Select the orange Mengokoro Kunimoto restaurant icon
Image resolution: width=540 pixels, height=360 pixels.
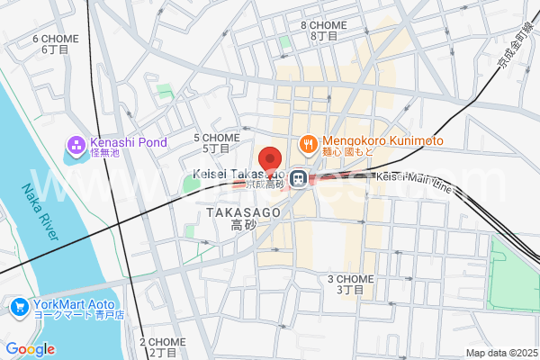pyautogui.click(x=308, y=142)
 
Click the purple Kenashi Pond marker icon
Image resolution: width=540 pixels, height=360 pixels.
pyautogui.click(x=76, y=143)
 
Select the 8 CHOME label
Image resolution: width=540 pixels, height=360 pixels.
pyautogui.click(x=323, y=25)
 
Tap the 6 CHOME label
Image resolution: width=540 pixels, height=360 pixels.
pyautogui.click(x=55, y=39)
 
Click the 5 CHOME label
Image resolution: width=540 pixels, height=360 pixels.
pyautogui.click(x=216, y=138)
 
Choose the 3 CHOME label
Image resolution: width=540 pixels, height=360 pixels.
pyautogui.click(x=350, y=279)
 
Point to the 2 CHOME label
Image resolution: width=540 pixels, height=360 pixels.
pyautogui.click(x=162, y=342)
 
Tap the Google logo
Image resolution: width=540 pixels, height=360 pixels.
pyautogui.click(x=30, y=349)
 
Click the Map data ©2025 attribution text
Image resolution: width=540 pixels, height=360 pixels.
pyautogui.click(x=499, y=353)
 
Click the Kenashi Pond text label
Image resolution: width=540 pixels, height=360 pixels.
pyautogui.click(x=128, y=142)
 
